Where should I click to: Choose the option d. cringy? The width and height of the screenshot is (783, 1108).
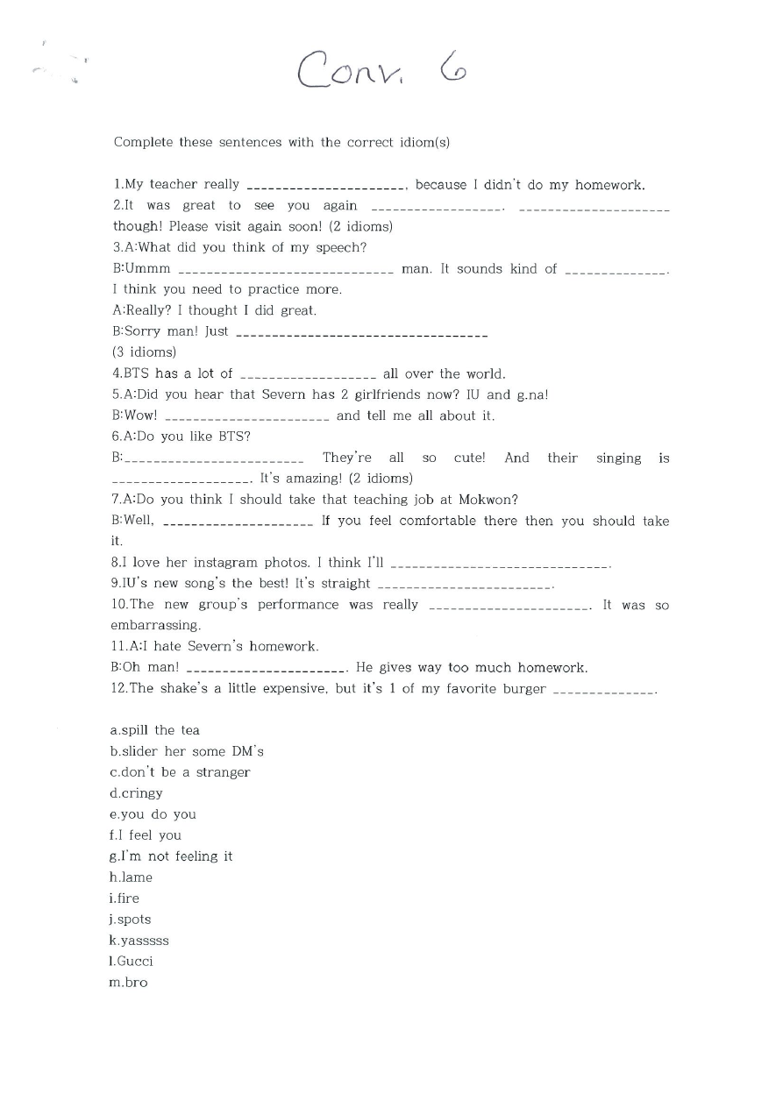click(x=137, y=793)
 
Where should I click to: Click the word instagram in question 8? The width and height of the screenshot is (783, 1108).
click(x=225, y=563)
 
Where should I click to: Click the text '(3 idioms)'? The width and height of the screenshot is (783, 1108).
click(x=144, y=352)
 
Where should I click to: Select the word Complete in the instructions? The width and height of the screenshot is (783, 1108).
click(x=144, y=142)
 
